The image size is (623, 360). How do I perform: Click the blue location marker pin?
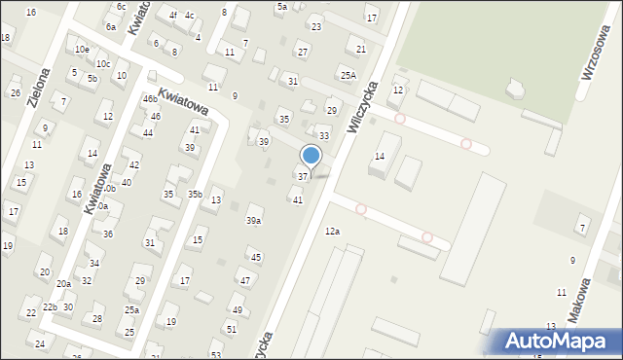pyautogui.click(x=311, y=156)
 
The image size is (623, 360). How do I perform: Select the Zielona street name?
pyautogui.click(x=41, y=86)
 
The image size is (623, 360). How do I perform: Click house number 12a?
pyautogui.click(x=332, y=231)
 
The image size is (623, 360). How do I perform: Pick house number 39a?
pyautogui.click(x=253, y=221)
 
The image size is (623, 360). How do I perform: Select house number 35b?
pyautogui.click(x=195, y=195)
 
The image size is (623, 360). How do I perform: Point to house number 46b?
pyautogui.click(x=149, y=99)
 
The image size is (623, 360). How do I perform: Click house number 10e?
pyautogui.click(x=82, y=50)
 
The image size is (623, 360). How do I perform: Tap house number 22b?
pyautogui.click(x=50, y=307)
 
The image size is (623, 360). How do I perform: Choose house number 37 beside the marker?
pyautogui.click(x=303, y=176)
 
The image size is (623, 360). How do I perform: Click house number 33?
pyautogui.click(x=324, y=135)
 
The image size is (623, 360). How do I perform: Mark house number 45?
pyautogui.click(x=255, y=258)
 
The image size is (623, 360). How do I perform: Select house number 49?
pyautogui.click(x=237, y=309)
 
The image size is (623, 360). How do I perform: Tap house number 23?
pyautogui.click(x=315, y=27)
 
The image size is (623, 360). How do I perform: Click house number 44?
pyautogui.click(x=148, y=133)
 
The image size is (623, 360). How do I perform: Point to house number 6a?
pyautogui.click(x=111, y=27)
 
